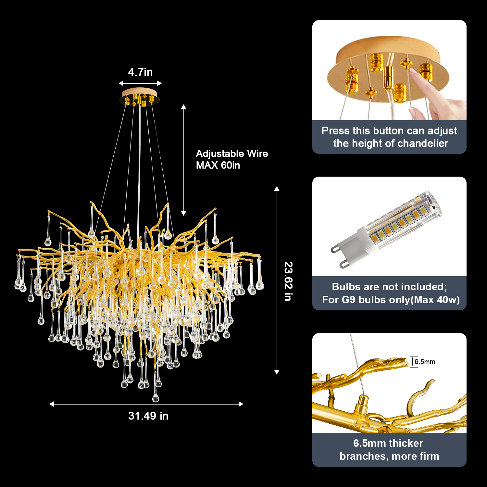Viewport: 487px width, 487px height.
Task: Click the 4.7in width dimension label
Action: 140,72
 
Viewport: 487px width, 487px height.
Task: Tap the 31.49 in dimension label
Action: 148,416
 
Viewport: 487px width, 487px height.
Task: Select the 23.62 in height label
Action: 288,281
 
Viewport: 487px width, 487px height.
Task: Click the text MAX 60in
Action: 218,165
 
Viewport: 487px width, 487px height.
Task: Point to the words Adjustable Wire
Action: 232,154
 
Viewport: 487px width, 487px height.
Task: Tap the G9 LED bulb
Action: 387,229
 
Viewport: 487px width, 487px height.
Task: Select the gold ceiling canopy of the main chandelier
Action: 140,97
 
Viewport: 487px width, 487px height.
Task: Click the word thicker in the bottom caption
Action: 406,443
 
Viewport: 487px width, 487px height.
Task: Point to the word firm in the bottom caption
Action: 428,456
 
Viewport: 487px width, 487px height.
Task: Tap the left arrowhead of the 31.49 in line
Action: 51,404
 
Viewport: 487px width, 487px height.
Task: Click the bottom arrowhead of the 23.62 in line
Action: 277,372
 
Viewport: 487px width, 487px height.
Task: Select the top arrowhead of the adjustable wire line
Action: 184,107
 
